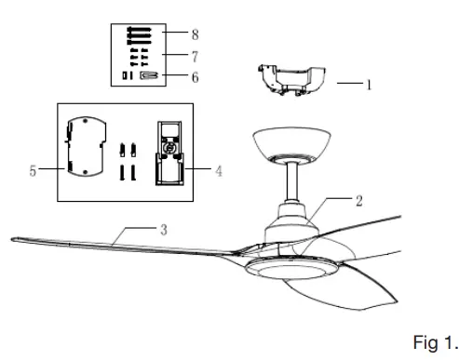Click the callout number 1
368,84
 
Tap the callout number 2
358,199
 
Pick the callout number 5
34,171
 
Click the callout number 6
195,77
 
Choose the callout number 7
195,56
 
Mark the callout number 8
195,34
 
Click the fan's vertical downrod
291,181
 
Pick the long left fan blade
112,242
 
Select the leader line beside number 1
347,84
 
